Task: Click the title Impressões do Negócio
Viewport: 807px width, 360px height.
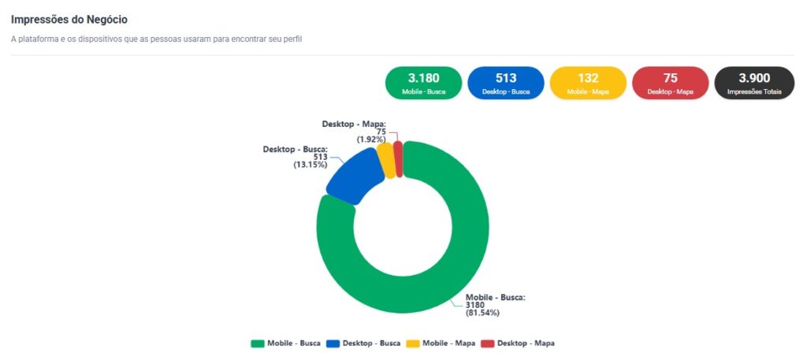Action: pyautogui.click(x=69, y=19)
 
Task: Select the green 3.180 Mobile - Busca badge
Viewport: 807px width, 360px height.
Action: pyautogui.click(x=423, y=83)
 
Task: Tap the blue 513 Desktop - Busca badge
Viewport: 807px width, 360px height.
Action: pyautogui.click(x=505, y=83)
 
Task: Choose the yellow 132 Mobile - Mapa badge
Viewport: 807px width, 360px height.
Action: pyautogui.click(x=588, y=83)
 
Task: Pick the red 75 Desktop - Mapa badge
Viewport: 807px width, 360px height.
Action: pyautogui.click(x=670, y=83)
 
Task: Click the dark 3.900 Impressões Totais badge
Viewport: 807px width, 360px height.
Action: pyautogui.click(x=754, y=83)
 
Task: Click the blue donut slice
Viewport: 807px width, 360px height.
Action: pyautogui.click(x=354, y=177)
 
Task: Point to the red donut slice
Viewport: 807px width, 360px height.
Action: pyautogui.click(x=398, y=158)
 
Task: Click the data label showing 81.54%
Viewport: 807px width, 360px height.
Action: pyautogui.click(x=483, y=313)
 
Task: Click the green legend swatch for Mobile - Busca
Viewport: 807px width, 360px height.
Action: pyautogui.click(x=257, y=343)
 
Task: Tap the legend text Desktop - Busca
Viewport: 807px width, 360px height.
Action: pyautogui.click(x=371, y=343)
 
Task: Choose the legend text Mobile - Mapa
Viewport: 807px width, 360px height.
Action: pyautogui.click(x=448, y=343)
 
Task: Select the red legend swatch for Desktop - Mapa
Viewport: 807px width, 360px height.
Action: pyautogui.click(x=487, y=343)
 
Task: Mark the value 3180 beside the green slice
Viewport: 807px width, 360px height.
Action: pyautogui.click(x=475, y=305)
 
